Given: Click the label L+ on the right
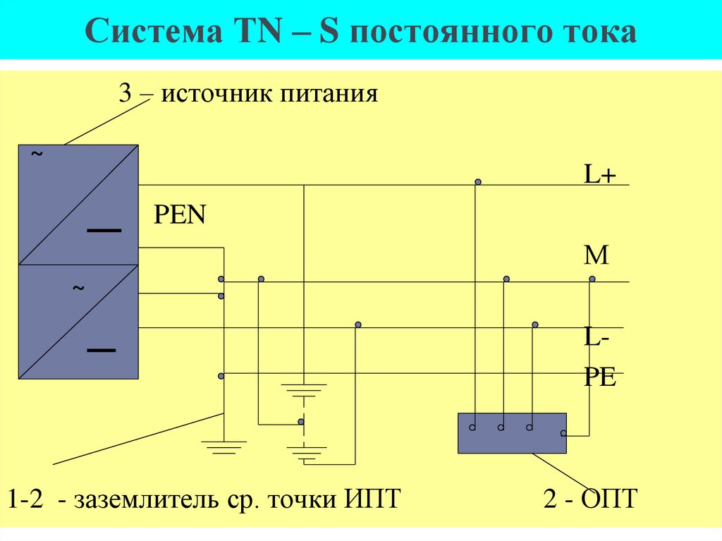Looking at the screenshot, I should coord(599,174).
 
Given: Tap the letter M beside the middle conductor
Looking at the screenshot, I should coord(596,255).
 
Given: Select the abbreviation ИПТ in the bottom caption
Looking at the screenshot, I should coord(372,499).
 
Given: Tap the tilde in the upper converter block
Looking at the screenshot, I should coord(33,153).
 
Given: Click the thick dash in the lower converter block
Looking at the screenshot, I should coord(102,350).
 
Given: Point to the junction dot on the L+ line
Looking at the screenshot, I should coord(477,182).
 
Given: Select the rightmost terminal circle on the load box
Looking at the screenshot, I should coord(563,433).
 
